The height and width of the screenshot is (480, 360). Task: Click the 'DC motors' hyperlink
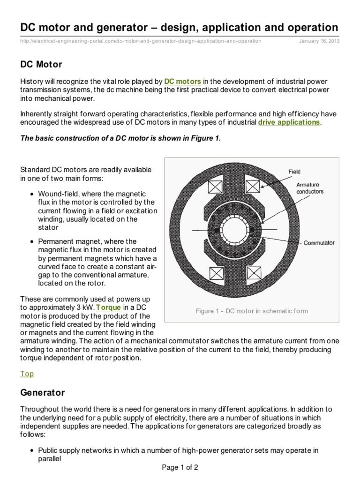[x=183, y=82]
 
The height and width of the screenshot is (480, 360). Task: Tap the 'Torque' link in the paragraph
[x=109, y=307]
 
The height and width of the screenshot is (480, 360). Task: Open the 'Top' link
[x=27, y=374]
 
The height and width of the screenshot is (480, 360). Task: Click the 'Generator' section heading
[x=42, y=392]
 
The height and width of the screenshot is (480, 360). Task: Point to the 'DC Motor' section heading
[x=41, y=64]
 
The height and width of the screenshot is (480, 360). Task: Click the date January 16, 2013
[x=319, y=41]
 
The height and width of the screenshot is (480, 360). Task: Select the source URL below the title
[x=141, y=41]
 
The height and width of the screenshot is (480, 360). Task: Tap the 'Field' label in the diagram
[x=294, y=172]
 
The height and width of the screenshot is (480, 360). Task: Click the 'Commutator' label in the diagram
[x=319, y=243]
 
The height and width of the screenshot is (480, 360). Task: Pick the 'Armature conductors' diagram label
[x=310, y=188]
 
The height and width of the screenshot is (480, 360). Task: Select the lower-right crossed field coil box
[x=253, y=273]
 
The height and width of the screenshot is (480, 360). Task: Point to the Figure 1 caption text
[x=252, y=311]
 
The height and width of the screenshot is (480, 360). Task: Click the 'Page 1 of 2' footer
[x=180, y=467]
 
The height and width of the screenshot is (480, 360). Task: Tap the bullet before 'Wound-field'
[x=31, y=194]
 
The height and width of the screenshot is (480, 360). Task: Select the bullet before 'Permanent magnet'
[x=31, y=242]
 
